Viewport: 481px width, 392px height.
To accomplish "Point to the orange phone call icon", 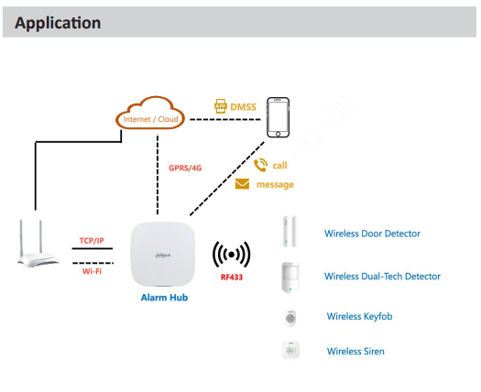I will click(x=260, y=165).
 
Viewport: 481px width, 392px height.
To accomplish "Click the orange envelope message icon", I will click(x=242, y=184).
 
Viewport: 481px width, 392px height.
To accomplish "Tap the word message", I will click(x=276, y=184).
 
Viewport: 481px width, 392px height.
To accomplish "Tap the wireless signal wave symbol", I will click(x=230, y=254).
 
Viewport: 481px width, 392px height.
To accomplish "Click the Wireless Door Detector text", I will click(x=372, y=234).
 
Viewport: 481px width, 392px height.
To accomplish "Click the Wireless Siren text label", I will click(x=355, y=351).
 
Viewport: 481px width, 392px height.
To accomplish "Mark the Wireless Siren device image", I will click(x=290, y=351).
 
